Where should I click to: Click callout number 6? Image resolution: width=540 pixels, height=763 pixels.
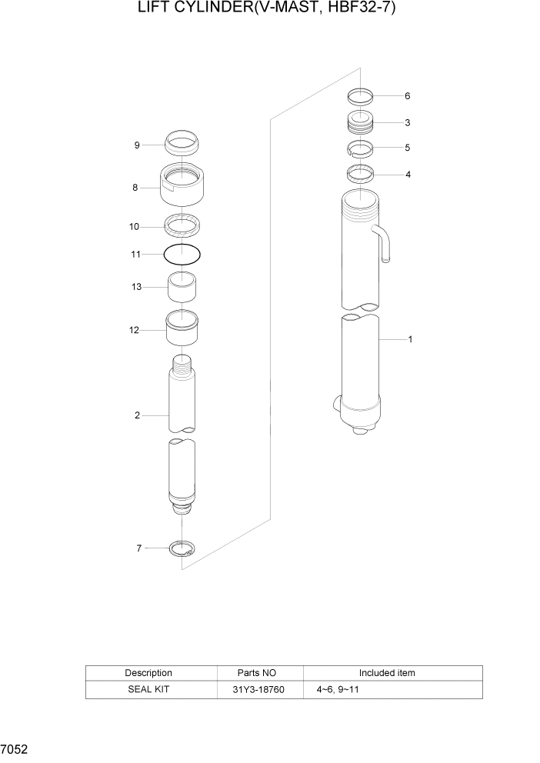407,96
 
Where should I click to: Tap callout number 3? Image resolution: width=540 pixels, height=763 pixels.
407,122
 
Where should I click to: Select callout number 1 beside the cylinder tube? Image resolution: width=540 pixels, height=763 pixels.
410,339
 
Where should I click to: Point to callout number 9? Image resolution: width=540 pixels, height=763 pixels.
136,145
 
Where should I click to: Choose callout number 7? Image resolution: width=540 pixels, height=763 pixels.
138,548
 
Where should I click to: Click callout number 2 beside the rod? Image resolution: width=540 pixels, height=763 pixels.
137,416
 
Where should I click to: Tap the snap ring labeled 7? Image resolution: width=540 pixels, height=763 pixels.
182,548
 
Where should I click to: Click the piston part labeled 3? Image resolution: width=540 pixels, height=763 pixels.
359,122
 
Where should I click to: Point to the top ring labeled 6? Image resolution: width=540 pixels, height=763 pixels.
359,96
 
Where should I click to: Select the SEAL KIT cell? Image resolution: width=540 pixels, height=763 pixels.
148,690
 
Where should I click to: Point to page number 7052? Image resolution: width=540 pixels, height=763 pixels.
15,748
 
